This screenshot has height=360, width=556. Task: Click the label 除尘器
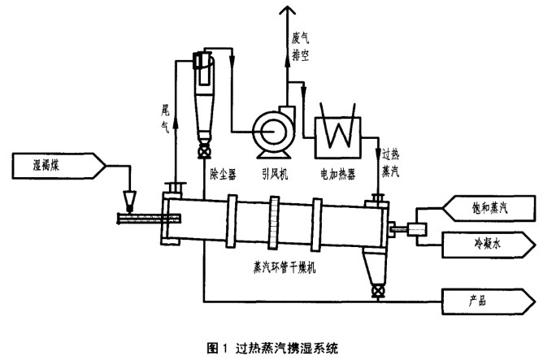pyautogui.click(x=222, y=173)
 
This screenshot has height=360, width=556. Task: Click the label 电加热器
pyautogui.click(x=339, y=173)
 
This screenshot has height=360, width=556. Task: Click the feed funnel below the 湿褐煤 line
pyautogui.click(x=131, y=197)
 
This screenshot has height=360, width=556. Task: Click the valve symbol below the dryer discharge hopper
pyautogui.click(x=376, y=288)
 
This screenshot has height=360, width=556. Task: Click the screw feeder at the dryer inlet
pyautogui.click(x=141, y=217)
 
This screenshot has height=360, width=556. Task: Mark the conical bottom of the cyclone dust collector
pyautogui.click(x=202, y=119)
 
